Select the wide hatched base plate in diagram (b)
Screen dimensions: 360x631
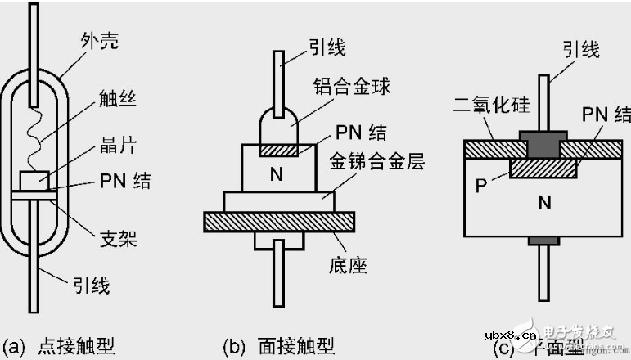tap(278, 220)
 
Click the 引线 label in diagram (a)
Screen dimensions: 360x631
tap(90, 286)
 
